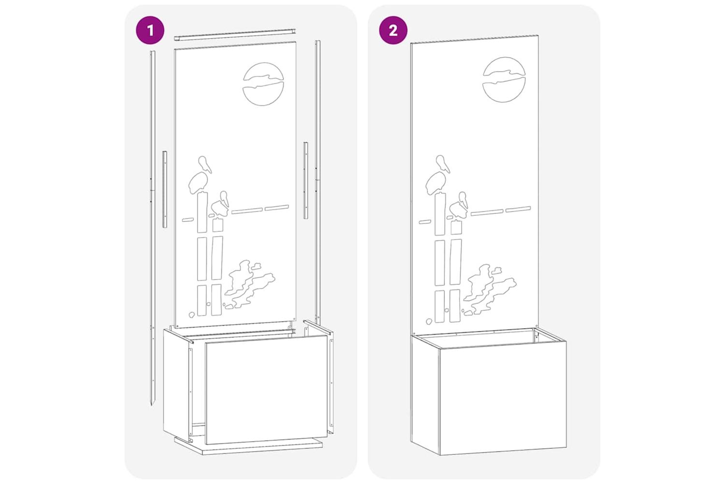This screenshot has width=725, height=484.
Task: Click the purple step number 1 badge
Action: coord(150,30)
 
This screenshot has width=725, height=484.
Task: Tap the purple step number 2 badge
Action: coord(393,30)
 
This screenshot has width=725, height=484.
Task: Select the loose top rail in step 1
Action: coord(235,35)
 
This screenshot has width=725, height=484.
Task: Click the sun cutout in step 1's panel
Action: coord(263,84)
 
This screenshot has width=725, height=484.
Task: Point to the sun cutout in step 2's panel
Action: coord(504,79)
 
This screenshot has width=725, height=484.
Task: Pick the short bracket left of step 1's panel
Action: coord(165,189)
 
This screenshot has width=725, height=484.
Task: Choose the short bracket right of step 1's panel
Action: coord(305,180)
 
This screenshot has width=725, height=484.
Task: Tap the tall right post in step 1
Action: coord(318,182)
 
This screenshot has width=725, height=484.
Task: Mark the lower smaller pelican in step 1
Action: coord(220,204)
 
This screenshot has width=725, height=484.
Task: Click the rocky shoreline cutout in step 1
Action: coord(249,284)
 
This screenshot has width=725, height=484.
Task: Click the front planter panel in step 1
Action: coord(266,390)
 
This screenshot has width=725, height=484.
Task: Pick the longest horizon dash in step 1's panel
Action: coord(247,211)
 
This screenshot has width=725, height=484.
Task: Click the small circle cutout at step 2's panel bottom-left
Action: coord(429,321)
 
